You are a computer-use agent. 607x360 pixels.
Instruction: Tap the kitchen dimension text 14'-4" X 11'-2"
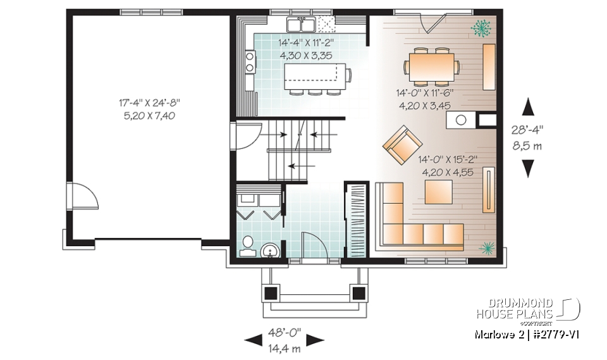tap(306, 49)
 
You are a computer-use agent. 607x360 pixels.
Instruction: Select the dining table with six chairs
tap(434, 66)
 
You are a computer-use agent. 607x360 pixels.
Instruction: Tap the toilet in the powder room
tap(248, 245)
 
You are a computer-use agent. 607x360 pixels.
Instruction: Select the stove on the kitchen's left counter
tap(250, 62)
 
